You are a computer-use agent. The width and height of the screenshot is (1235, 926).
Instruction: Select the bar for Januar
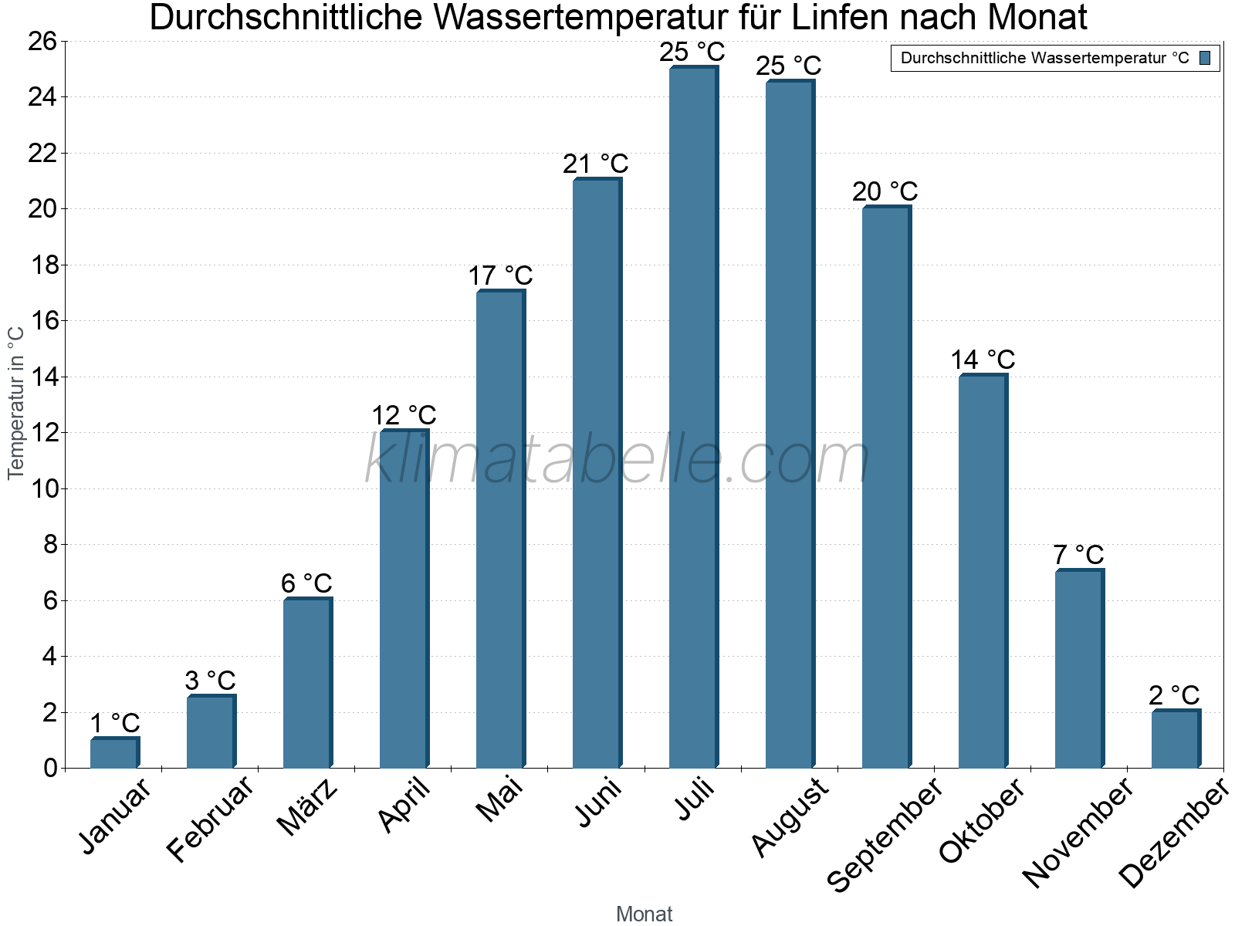coord(114,753)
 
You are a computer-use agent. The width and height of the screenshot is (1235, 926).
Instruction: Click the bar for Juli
coord(693,417)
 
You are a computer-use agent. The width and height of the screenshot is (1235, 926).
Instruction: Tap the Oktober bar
coord(983,571)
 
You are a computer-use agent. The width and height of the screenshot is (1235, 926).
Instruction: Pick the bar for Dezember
coord(1176,739)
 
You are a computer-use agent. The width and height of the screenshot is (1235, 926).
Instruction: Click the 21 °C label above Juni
coord(596,164)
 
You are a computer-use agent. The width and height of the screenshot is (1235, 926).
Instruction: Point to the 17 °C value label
coord(500,276)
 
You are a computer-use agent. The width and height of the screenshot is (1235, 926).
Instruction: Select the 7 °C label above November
coord(1078,555)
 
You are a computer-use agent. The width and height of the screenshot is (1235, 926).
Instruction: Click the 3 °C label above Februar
coord(210,681)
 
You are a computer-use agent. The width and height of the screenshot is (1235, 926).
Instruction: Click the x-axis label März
coord(308,806)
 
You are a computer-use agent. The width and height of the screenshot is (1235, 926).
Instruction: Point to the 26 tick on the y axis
coord(42,41)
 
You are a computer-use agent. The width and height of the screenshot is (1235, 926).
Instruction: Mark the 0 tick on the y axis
coord(50,768)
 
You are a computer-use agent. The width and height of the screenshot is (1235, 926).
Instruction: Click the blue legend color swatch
coord(1205,58)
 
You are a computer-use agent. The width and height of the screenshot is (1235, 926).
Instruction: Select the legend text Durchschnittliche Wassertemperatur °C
coord(1044,58)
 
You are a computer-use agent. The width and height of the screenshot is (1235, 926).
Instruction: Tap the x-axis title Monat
coord(644,914)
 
